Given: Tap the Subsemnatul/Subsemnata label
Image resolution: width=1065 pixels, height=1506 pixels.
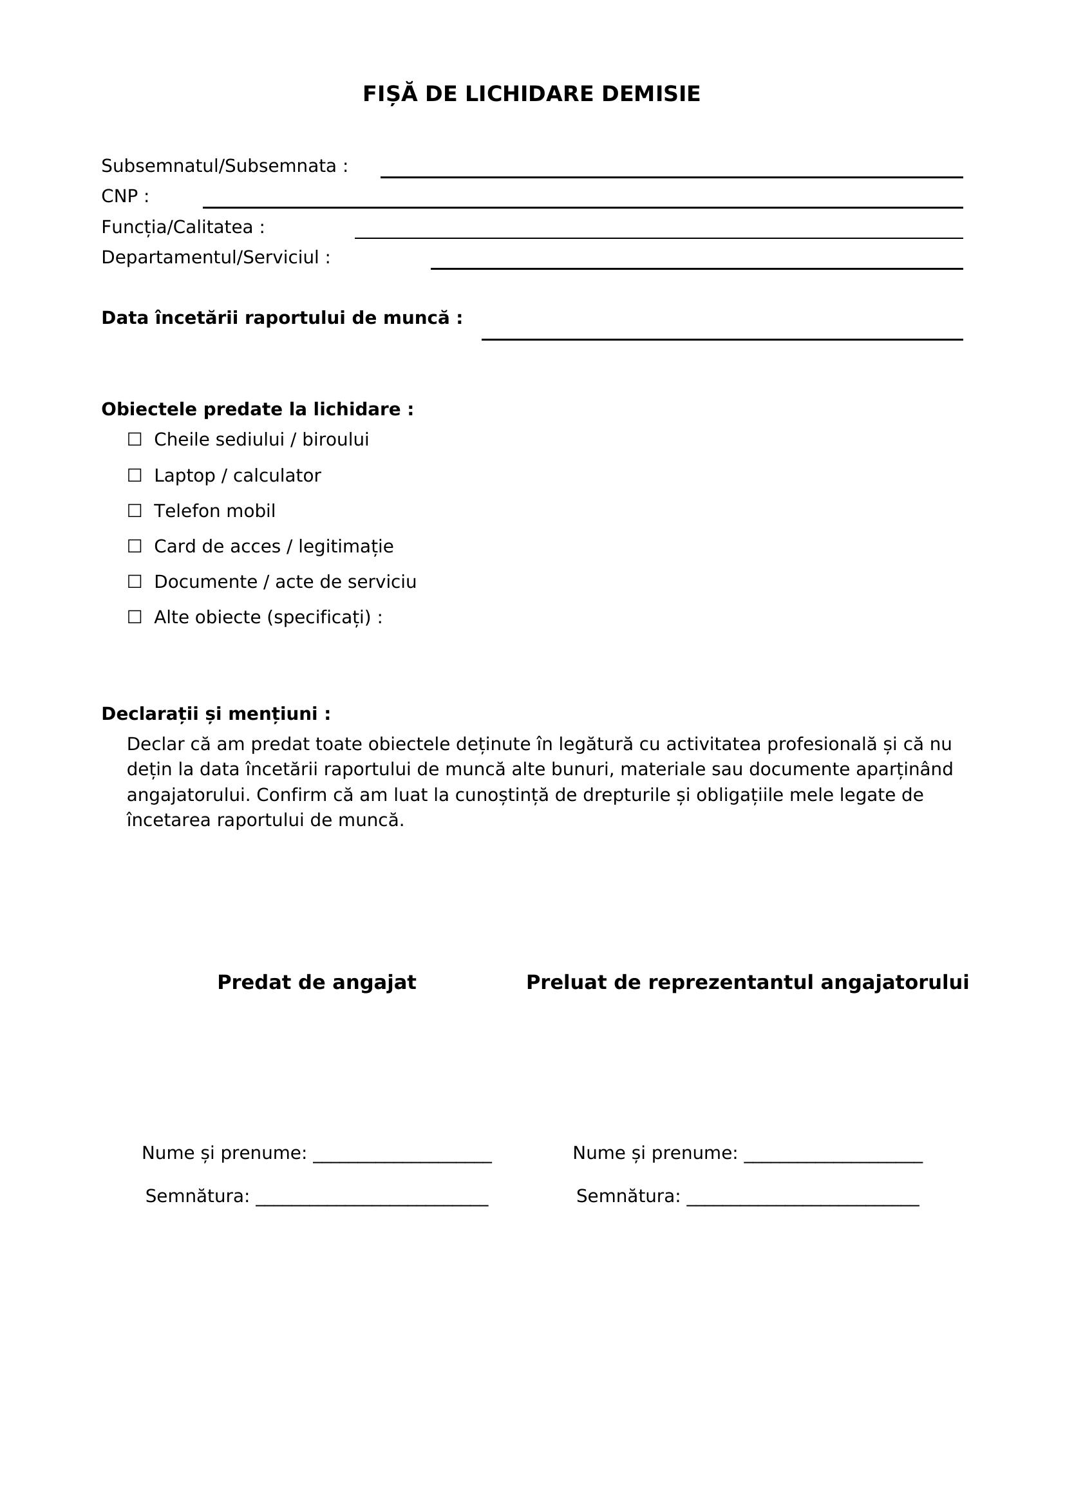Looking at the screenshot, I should click(x=224, y=167).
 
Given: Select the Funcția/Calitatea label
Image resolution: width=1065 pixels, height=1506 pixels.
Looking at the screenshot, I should click(x=183, y=227).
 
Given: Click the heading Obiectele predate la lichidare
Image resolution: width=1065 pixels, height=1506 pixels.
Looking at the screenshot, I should click(x=257, y=410).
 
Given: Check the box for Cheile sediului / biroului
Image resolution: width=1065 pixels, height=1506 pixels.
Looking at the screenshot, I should click(x=135, y=440).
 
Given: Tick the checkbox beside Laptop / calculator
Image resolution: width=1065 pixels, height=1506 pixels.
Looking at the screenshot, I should click(x=135, y=476).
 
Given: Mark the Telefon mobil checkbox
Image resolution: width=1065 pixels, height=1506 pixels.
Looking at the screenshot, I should click(x=135, y=511).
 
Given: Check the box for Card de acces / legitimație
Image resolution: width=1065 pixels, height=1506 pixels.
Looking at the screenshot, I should click(x=135, y=547).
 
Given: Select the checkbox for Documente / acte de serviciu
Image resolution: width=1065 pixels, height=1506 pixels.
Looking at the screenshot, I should click(x=135, y=582).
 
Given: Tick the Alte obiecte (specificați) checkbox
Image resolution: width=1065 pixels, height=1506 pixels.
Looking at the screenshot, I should click(x=135, y=617).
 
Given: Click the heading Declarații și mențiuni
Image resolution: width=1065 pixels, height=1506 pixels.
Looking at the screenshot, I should click(x=216, y=714).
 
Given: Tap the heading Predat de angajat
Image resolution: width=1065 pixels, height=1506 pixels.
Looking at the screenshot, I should click(x=317, y=983).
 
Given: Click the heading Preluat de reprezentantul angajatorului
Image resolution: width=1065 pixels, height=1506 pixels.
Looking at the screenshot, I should click(x=747, y=983).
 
